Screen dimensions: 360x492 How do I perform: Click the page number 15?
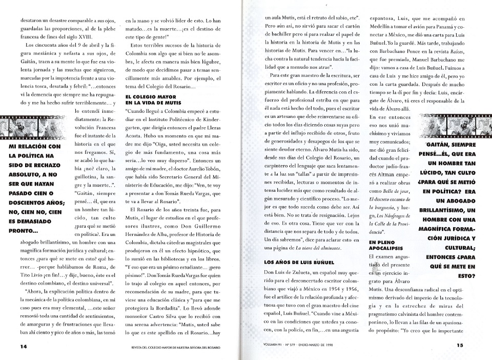click(x=459, y=345)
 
